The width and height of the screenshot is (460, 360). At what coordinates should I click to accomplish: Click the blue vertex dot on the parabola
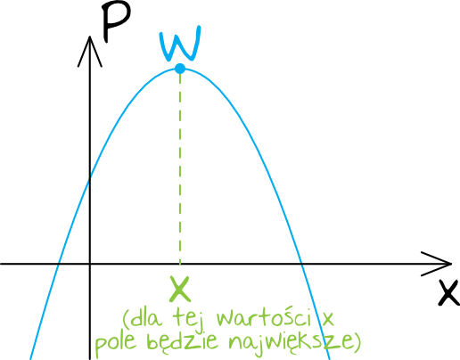coord(180,69)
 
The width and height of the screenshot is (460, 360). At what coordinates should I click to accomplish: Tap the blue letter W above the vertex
coord(180,44)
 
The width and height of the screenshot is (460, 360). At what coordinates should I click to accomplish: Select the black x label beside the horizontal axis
coord(449,292)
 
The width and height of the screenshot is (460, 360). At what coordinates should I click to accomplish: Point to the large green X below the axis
coord(179,289)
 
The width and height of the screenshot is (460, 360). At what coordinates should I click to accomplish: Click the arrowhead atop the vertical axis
coord(90,51)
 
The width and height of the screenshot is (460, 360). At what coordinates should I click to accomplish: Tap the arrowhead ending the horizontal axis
coord(437,264)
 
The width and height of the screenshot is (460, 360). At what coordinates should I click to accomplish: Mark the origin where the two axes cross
coord(90,264)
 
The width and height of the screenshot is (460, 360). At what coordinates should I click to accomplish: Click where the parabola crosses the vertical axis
coord(90,179)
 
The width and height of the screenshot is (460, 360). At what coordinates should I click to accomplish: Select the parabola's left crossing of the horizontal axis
coord(59,264)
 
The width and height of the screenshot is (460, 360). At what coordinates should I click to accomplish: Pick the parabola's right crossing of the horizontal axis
coord(301,264)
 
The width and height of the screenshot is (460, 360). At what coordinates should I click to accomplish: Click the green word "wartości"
coord(264,318)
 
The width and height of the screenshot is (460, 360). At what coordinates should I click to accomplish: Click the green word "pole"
coord(116,342)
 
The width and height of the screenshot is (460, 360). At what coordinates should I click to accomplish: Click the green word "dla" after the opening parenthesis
coord(145,318)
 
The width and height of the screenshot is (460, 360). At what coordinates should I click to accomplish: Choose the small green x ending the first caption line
coord(327,319)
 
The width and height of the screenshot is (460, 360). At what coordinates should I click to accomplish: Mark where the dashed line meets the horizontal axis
coord(180,264)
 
